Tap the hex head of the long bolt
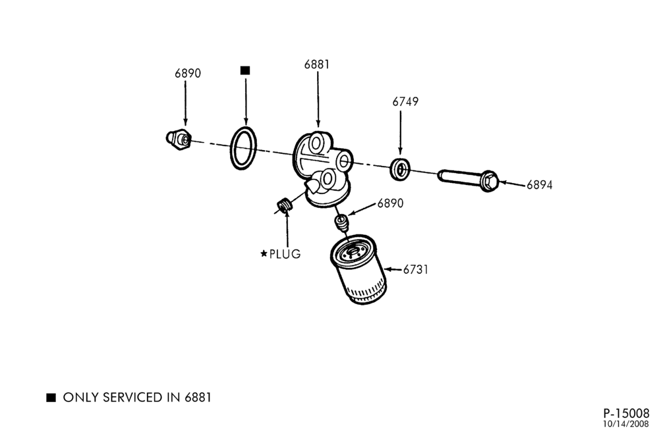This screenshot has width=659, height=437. click(x=489, y=181)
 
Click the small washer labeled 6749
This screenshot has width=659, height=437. click(x=401, y=169)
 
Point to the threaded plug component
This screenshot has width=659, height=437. click(x=285, y=206)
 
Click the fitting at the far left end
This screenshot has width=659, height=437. click(x=179, y=139)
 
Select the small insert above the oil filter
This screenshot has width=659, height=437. click(x=341, y=222)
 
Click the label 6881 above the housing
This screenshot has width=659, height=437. click(x=317, y=64)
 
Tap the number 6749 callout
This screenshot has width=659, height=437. click(x=405, y=101)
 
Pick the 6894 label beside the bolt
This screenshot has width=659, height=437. click(x=540, y=185)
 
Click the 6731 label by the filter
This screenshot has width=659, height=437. click(x=416, y=269)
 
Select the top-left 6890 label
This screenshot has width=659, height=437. click(x=188, y=73)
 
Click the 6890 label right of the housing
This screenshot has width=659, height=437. click(x=390, y=203)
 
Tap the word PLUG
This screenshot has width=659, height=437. click(x=285, y=254)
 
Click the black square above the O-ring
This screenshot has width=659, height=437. click(x=245, y=70)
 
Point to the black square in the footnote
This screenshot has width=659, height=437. click(x=51, y=398)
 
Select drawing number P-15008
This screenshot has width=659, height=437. click(x=626, y=413)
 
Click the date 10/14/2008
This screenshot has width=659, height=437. click(x=626, y=424)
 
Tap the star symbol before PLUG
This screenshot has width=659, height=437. click(x=264, y=253)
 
